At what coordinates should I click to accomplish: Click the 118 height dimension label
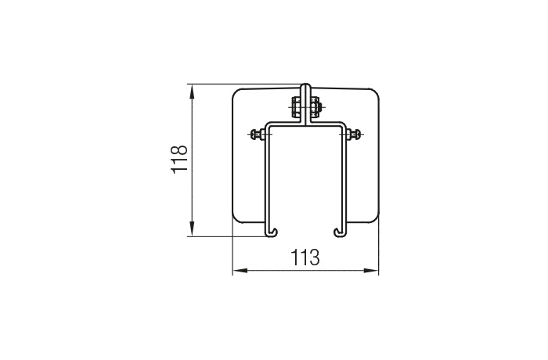coord(179,159)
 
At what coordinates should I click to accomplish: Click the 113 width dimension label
coord(305,257)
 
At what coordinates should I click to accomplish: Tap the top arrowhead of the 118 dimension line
coord(192,92)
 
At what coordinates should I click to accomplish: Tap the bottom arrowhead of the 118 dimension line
coord(192,229)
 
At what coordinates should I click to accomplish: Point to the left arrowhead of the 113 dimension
coord(240,270)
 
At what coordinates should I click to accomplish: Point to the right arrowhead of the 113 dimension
coord(371,270)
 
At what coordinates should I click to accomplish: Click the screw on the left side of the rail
coord(258,134)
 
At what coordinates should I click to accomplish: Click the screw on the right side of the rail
coord(355,134)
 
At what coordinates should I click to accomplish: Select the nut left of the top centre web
coord(297,106)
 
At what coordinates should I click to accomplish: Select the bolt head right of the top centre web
coord(314,106)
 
